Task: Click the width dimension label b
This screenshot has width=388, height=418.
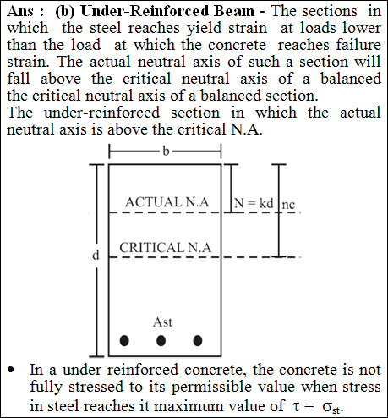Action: point(166,151)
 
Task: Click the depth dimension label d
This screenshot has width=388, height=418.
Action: point(96,255)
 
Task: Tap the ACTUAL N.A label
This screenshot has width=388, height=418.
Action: point(167,202)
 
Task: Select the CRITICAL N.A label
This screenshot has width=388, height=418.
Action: point(166,247)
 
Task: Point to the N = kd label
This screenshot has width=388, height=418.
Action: point(254,203)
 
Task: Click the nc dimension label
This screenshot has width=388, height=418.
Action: point(288,205)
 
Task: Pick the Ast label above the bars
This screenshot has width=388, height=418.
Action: point(162,322)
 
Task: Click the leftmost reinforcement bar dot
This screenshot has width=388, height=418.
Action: point(124,340)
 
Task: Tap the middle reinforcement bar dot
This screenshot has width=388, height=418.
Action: point(161,340)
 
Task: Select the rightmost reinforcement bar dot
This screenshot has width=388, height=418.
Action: point(198,340)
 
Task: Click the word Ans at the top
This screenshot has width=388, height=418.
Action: point(20,11)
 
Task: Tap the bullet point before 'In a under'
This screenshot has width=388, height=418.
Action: point(11,370)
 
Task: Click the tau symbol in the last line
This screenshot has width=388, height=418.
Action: point(294,406)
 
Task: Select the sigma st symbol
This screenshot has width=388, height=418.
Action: point(331,408)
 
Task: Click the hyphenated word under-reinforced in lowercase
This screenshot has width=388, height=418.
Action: point(102,113)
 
